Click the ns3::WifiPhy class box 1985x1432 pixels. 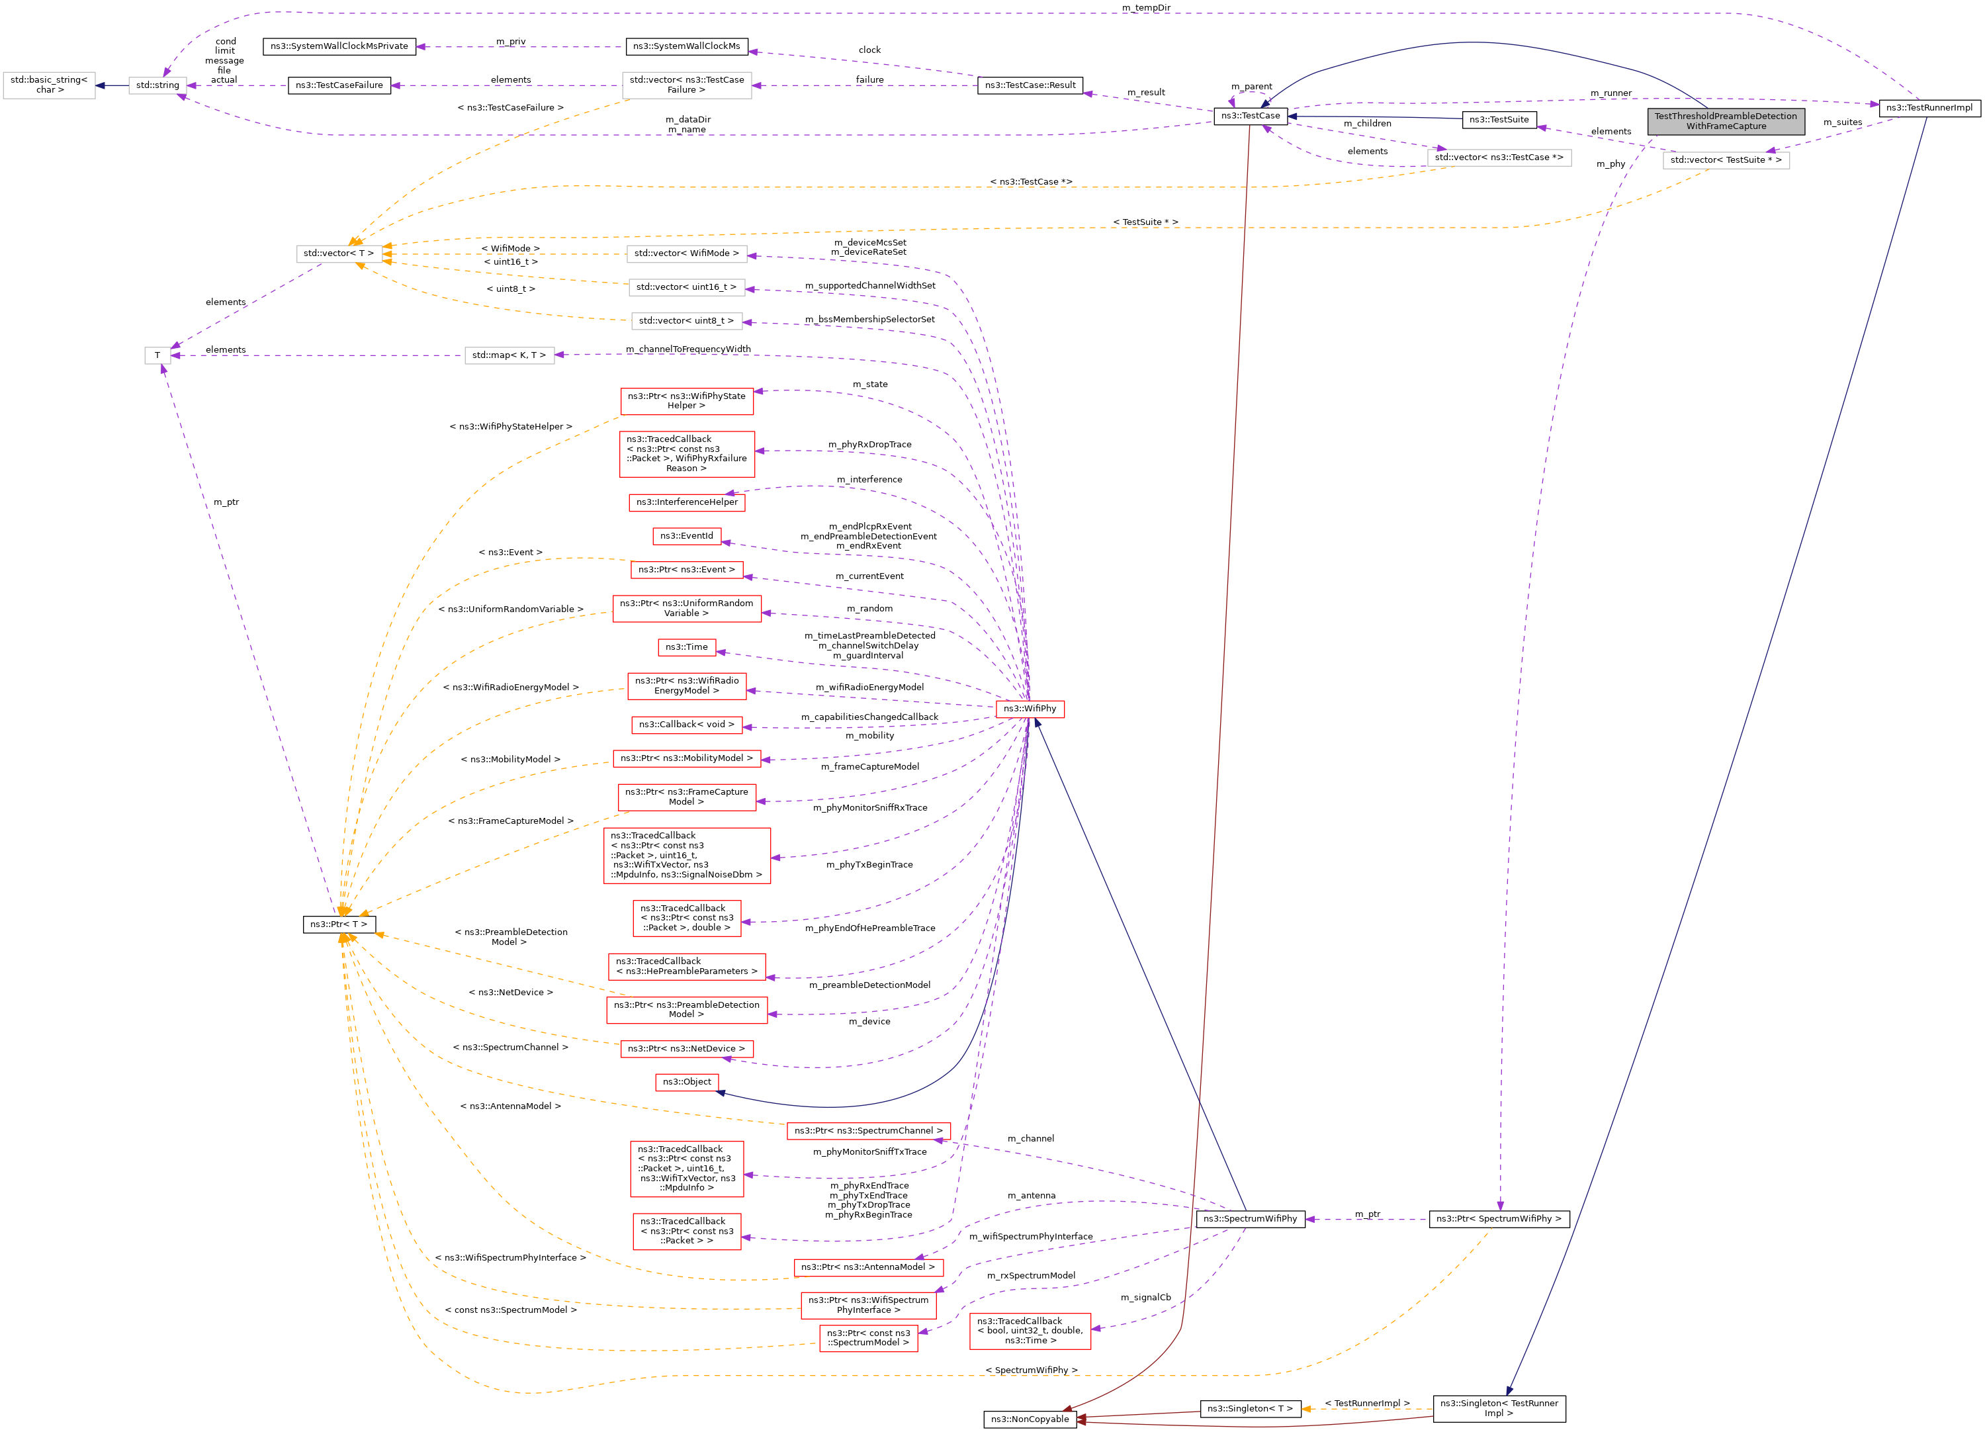click(x=1030, y=709)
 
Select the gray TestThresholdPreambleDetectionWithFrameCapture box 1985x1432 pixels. click(x=1726, y=121)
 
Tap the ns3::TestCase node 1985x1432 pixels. click(x=1250, y=116)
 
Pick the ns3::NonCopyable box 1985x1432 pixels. click(x=1030, y=1419)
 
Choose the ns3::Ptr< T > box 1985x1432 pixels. click(x=339, y=924)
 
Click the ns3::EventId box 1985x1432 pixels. click(x=686, y=536)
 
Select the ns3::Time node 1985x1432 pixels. click(x=686, y=648)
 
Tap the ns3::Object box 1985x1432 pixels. click(x=686, y=1082)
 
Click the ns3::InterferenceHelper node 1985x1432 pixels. click(x=686, y=502)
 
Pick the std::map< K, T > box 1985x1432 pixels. click(x=509, y=355)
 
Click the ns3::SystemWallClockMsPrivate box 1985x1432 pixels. click(x=339, y=46)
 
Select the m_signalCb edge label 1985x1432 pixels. click(x=1145, y=1297)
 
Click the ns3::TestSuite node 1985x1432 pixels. click(x=1499, y=120)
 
